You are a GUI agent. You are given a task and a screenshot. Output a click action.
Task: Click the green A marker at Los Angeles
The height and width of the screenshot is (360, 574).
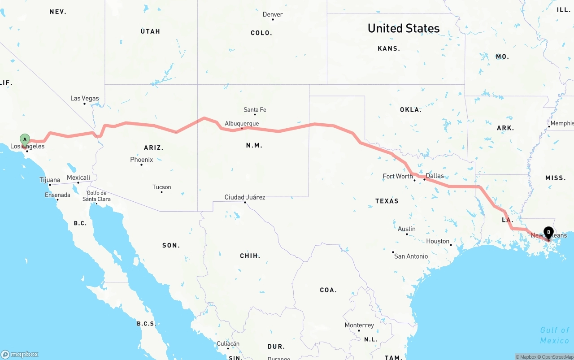(x=25, y=140)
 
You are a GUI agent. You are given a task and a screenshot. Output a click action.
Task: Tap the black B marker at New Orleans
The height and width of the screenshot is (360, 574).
(x=548, y=233)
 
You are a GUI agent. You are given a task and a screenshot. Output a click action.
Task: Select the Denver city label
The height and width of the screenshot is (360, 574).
(x=273, y=14)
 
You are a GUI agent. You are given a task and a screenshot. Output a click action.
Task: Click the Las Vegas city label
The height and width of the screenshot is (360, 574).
(x=84, y=99)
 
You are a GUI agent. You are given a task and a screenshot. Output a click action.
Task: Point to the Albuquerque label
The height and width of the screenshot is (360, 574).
(x=242, y=124)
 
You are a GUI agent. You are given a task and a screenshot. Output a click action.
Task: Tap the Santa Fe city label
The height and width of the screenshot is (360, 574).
(x=255, y=110)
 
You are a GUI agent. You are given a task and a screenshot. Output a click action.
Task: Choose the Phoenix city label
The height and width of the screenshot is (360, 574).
(x=141, y=160)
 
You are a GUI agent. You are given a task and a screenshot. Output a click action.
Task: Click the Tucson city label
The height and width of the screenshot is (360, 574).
(x=161, y=187)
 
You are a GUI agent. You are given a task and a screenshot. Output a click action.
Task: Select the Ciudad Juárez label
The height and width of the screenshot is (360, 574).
(x=245, y=197)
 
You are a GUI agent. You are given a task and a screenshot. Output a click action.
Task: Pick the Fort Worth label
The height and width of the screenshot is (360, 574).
(x=398, y=176)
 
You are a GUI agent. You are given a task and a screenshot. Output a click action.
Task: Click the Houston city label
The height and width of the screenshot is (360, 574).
(x=438, y=241)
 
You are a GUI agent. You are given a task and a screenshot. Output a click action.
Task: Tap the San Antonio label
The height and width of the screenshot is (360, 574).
(x=411, y=256)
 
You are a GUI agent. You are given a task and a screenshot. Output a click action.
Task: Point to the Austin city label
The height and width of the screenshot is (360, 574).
(x=406, y=229)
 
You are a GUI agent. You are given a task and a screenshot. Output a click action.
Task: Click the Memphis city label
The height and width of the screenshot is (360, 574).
(x=562, y=123)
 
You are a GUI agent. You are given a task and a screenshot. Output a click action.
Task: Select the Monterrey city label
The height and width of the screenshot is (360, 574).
(x=359, y=325)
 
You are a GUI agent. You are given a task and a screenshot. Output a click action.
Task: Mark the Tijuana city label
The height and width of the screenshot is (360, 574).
(x=50, y=180)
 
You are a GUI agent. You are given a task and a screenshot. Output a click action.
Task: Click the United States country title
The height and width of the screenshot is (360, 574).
(x=404, y=28)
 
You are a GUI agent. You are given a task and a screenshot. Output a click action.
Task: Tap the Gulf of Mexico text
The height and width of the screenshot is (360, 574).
(x=554, y=335)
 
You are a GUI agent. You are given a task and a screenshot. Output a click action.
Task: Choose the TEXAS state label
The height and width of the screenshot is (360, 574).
(x=387, y=201)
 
